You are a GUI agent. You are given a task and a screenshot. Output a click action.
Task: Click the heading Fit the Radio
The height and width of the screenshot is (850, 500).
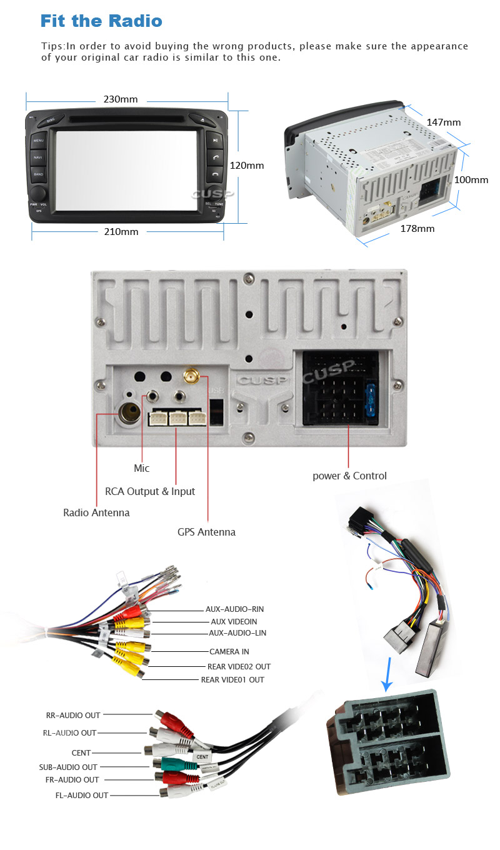101,21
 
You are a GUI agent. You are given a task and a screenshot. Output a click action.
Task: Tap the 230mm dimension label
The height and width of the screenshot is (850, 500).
121,99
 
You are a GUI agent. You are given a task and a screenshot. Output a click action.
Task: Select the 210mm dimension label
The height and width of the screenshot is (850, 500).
121,232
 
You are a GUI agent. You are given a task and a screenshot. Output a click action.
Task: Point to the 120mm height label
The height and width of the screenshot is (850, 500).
247,166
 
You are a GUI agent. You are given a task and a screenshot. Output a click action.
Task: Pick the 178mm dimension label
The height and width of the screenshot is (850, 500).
417,229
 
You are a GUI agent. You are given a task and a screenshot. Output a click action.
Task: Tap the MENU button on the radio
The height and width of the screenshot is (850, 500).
39,141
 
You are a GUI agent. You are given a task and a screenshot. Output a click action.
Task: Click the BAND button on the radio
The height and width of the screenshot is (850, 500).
39,174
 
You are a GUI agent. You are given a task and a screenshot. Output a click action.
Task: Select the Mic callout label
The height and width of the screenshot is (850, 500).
142,468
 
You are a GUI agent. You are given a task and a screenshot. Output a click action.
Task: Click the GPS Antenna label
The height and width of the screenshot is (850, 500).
206,532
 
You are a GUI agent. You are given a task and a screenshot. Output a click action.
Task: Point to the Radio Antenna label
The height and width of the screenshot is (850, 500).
96,512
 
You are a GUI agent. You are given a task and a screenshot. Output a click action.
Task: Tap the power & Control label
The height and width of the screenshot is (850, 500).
349,476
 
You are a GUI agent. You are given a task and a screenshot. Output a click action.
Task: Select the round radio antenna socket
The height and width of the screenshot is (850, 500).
129,413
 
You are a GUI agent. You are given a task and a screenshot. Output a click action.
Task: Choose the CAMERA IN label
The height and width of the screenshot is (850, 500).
229,652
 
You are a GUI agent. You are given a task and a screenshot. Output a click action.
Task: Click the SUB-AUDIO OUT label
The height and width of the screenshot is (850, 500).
68,767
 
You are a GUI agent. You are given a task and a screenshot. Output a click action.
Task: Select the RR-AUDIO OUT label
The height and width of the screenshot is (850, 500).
73,715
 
